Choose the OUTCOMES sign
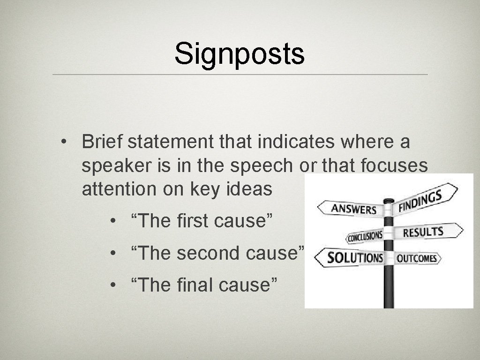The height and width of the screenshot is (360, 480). pyautogui.click(x=417, y=258)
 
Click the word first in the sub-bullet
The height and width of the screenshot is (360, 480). pyautogui.click(x=193, y=221)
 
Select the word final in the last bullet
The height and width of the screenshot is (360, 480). pyautogui.click(x=192, y=284)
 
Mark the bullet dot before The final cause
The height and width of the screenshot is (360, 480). pyautogui.click(x=113, y=285)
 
